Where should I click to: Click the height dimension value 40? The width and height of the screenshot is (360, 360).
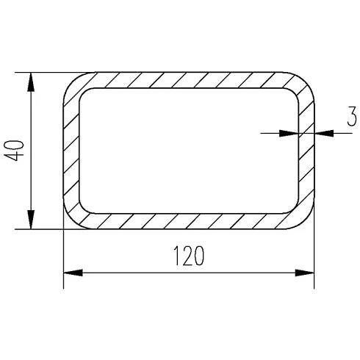point(15,151)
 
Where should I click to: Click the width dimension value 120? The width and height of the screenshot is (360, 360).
point(189,256)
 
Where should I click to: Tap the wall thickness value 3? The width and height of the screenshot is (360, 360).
point(352,116)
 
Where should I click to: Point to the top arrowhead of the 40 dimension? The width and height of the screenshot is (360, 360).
point(31,82)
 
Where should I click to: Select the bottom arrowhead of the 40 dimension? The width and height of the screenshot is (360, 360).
point(31,220)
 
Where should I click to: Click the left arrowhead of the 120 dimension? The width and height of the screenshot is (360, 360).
point(73,273)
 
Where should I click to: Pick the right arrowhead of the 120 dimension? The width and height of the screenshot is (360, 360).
point(304,273)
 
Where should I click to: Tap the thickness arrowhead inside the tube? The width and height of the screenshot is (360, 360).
point(289,133)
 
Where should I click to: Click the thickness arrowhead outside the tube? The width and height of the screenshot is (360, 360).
point(324,133)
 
